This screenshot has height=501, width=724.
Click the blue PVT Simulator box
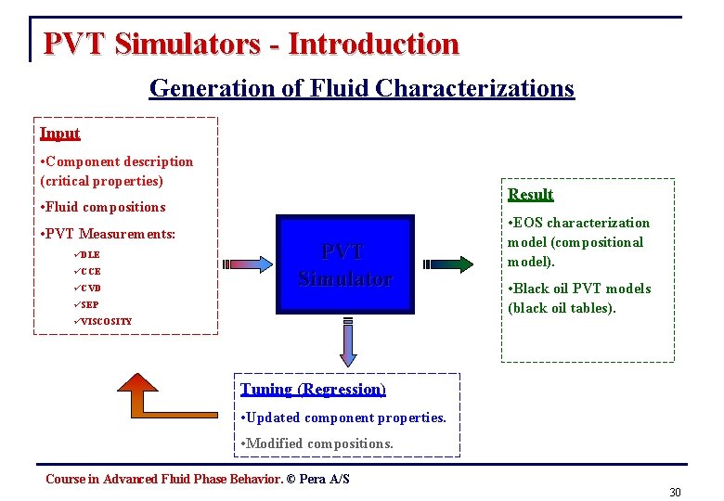click(x=344, y=263)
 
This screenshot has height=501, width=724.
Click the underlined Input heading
click(x=60, y=134)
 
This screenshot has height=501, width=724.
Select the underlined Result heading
click(x=531, y=194)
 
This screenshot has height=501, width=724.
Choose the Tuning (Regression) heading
click(x=313, y=390)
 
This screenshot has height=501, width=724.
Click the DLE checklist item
click(x=89, y=254)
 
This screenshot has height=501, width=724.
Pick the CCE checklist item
click(x=90, y=271)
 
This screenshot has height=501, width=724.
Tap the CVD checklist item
click(x=90, y=288)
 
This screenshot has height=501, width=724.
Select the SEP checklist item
click(x=89, y=304)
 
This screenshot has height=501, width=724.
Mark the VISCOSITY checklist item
click(x=105, y=321)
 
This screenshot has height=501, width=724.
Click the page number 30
click(x=675, y=492)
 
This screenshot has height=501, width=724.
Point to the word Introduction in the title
click(x=373, y=44)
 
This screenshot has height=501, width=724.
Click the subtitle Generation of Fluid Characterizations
click(x=362, y=88)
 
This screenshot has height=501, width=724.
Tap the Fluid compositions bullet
click(x=104, y=207)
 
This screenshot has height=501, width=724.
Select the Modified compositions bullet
click(x=317, y=443)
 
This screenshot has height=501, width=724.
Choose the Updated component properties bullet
click(x=343, y=417)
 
